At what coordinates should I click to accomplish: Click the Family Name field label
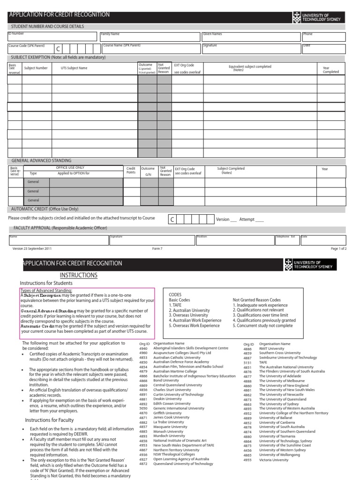[x=110, y=34]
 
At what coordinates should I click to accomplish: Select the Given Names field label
[x=212, y=34]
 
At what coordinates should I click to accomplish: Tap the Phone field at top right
[x=323, y=37]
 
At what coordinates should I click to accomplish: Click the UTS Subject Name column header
[x=74, y=68]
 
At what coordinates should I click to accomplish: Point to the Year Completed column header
[x=330, y=70]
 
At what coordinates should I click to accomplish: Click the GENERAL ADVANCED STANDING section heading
[x=41, y=161]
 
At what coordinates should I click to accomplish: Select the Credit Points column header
[x=131, y=171]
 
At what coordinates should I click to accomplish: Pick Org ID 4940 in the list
[x=143, y=348]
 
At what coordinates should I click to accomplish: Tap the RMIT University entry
[x=271, y=348]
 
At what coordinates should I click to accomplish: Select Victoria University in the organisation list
[x=274, y=460]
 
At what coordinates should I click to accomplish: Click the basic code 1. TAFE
[x=176, y=305]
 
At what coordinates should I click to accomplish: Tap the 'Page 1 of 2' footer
[x=338, y=249]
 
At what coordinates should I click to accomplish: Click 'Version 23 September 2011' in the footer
[x=32, y=249]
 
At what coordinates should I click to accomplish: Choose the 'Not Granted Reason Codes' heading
[x=256, y=300]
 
